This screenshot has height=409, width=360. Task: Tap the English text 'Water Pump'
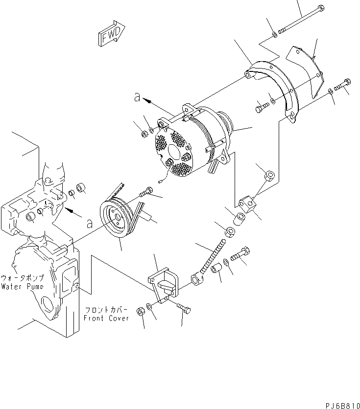coord(22,286)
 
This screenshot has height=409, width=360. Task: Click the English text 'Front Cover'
coord(106,318)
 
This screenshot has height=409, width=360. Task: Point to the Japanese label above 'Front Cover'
coord(107,310)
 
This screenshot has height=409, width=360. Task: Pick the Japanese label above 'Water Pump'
coord(23,277)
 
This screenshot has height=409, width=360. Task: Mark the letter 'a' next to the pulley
coord(89,224)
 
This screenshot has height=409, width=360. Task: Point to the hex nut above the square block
coord(269,174)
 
